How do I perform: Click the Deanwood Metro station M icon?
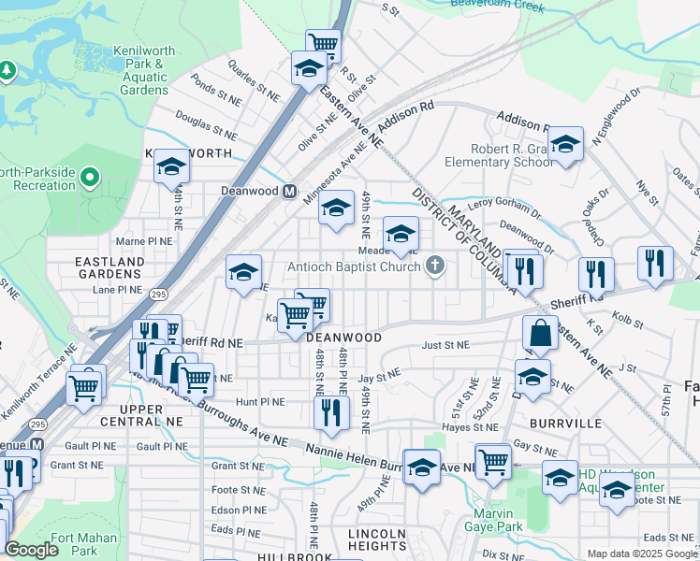[290, 191]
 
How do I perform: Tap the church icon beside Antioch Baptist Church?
[433, 266]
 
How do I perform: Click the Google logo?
[31, 551]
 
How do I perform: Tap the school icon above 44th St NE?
[171, 165]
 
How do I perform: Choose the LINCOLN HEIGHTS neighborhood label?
[377, 540]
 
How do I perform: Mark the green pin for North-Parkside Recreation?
[90, 176]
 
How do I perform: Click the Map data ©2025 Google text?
[641, 554]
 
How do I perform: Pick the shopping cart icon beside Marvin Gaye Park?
[492, 459]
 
